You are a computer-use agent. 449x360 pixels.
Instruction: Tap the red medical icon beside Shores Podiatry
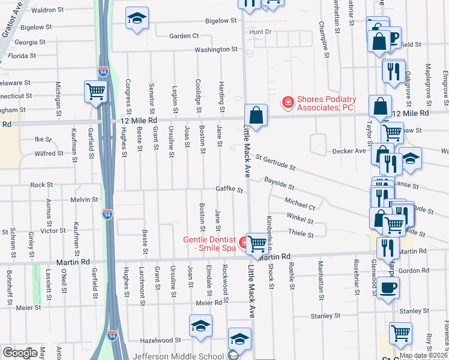tap(288, 103)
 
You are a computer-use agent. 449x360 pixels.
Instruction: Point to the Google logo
tap(19, 353)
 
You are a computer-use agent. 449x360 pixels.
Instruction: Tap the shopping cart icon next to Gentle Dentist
tap(257, 244)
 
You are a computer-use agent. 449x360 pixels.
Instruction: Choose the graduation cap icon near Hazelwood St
tap(201, 326)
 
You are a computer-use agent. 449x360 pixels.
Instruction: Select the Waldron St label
tap(47, 10)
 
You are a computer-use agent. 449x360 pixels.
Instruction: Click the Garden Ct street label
tap(184, 36)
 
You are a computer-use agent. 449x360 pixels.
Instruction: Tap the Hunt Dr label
tap(261, 31)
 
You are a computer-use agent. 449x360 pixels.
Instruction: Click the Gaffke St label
tap(230, 190)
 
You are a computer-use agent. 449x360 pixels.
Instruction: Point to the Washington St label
tap(216, 49)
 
